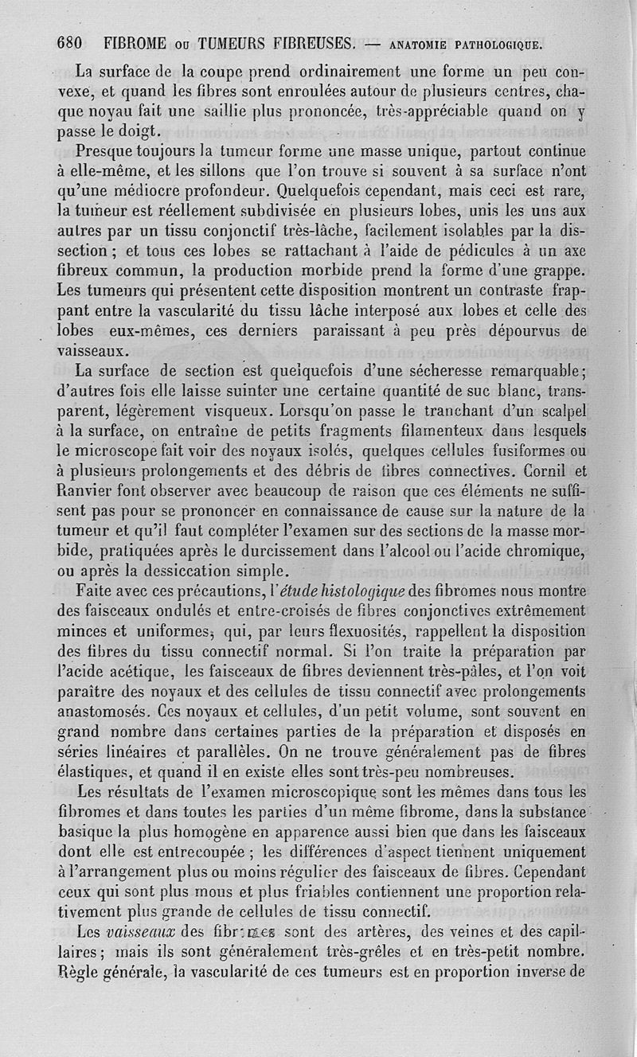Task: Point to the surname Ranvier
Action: point(87,493)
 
